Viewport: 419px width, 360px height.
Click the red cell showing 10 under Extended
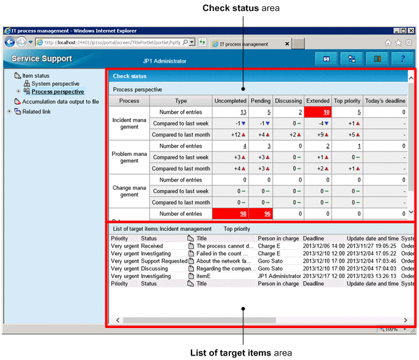[317, 112]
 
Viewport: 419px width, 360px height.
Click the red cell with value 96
[261, 214]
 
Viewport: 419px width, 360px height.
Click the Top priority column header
[347, 101]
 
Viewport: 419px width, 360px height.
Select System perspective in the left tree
[56, 84]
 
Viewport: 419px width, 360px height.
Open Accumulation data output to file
[61, 102]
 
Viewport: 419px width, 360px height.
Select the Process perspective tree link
[57, 92]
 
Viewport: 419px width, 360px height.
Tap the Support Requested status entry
[164, 261]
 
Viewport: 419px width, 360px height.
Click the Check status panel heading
[130, 76]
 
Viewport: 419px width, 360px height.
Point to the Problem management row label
[130, 157]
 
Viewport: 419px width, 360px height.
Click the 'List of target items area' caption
[241, 352]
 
